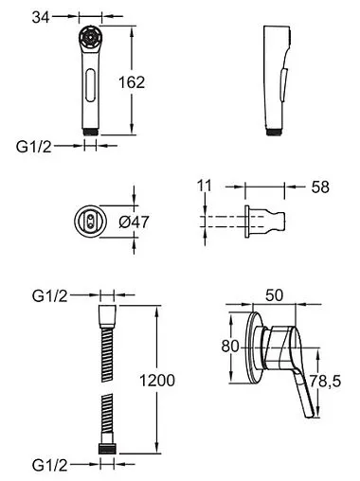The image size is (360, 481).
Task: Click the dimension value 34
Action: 41,17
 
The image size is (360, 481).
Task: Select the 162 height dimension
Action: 132,82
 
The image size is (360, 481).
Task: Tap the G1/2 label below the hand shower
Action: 34,147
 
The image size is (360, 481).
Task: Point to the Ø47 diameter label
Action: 134,223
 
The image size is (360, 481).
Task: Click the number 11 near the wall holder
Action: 205,186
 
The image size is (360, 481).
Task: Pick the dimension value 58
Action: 320,187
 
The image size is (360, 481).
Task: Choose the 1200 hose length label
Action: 157,381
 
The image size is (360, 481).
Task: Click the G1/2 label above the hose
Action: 50,296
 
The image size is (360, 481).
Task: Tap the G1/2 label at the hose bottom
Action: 50,465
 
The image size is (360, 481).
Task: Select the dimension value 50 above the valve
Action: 275,295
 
